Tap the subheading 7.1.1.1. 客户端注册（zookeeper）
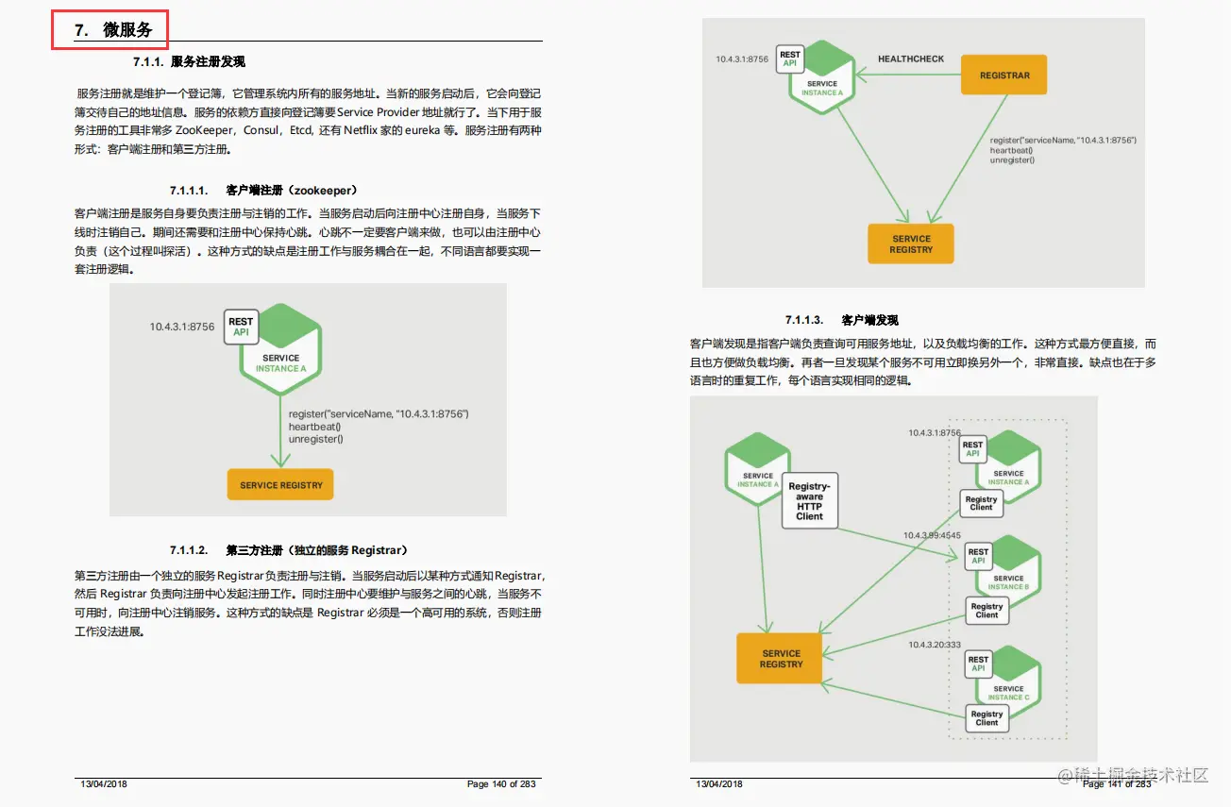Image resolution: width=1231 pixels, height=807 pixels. tap(263, 190)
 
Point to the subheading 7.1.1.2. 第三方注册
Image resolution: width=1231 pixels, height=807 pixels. tap(289, 550)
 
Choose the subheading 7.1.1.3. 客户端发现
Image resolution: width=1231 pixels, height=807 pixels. tap(841, 320)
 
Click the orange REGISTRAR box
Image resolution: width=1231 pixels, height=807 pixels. tap(1004, 76)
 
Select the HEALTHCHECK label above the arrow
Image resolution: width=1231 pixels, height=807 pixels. tap(911, 59)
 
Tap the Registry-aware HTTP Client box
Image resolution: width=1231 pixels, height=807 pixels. tap(809, 501)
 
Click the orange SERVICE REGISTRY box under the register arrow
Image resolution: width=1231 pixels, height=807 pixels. tap(281, 485)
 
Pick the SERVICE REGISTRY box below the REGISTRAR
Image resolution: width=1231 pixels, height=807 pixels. tap(911, 244)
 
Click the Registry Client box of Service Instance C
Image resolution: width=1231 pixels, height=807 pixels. tap(986, 718)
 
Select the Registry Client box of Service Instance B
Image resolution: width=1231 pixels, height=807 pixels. tap(986, 611)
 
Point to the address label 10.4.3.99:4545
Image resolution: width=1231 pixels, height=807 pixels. tap(932, 535)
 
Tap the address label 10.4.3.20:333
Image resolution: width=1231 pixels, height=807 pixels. tap(935, 645)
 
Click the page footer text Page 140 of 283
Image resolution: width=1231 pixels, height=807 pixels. tap(501, 784)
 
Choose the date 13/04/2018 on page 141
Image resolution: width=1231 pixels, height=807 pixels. tap(719, 784)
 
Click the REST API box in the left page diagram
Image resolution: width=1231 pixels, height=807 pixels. tap(241, 327)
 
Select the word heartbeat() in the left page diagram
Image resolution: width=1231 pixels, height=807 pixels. tap(315, 427)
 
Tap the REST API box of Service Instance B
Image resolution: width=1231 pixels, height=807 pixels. tap(978, 556)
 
